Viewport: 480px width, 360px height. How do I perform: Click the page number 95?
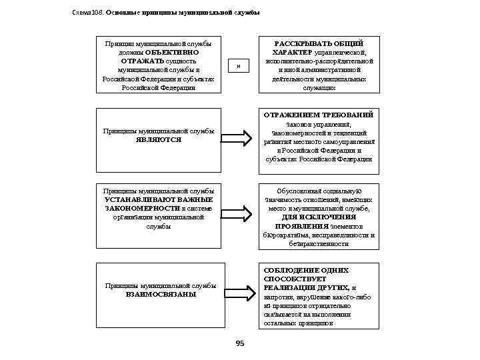pos(240,343)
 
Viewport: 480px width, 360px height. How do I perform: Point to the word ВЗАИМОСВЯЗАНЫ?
pos(161,294)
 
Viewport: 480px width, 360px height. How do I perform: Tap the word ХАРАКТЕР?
pos(293,52)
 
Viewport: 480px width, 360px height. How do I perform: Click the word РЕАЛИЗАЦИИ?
pos(287,287)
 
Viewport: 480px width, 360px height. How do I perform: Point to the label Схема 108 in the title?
pos(86,13)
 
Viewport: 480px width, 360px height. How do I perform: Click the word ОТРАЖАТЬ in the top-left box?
pos(138,61)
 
